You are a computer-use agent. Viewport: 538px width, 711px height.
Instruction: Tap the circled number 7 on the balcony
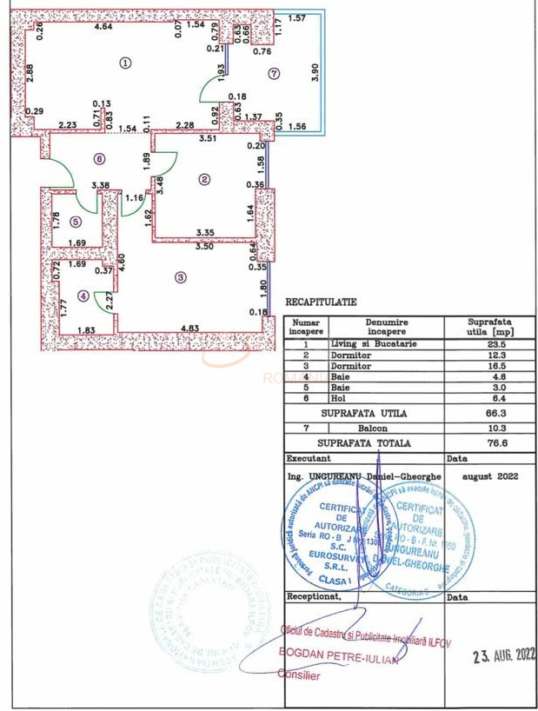pos(274,74)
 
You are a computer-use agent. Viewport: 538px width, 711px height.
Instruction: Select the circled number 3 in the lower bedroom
pos(180,278)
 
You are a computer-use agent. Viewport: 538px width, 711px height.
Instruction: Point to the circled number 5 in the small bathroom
pos(76,221)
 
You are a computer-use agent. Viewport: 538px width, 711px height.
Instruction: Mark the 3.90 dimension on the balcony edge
pos(315,75)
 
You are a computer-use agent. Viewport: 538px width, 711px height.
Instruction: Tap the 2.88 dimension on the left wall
pos(30,75)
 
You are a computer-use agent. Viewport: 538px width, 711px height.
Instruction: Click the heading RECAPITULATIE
pos(321,302)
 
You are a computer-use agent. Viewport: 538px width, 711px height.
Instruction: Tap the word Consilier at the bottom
pos(299,675)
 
